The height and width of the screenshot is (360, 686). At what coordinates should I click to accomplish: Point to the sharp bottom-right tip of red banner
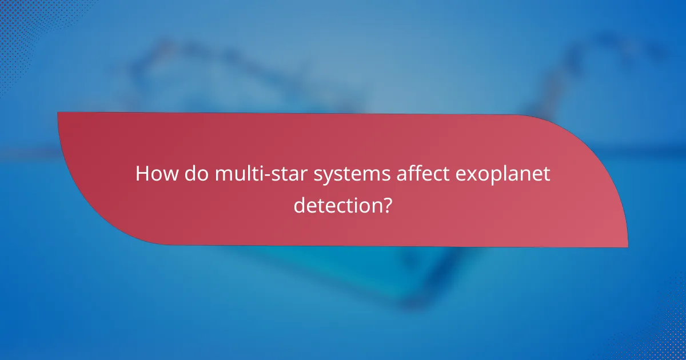click(x=627, y=246)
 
